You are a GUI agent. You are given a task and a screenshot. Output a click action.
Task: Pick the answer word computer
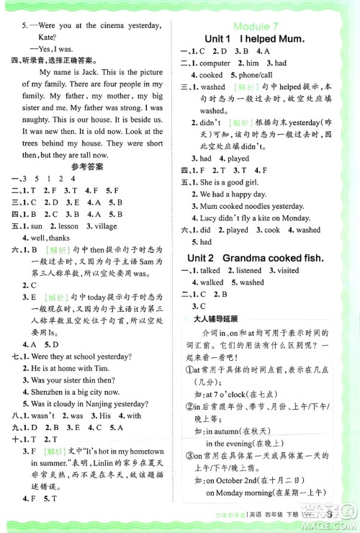pyautogui.click(x=216, y=63)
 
